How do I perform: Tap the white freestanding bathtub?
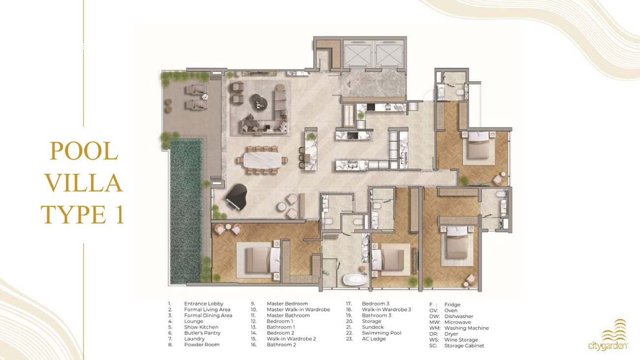point(355,280)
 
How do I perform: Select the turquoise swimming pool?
point(186,211)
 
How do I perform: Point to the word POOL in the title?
point(84,151)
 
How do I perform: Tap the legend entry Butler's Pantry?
point(202,333)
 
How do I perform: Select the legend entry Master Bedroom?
point(288,304)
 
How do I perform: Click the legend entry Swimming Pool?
point(382,333)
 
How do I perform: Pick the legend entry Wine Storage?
point(461,340)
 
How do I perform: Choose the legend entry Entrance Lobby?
point(204,304)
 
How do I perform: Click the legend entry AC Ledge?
point(374,339)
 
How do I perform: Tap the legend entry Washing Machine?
point(467,328)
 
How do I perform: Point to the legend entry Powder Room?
point(202,345)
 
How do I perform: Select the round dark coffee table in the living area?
point(259,102)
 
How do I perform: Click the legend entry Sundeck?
point(373,327)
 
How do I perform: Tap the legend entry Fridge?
point(452,304)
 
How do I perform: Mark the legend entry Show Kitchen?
point(201,327)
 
